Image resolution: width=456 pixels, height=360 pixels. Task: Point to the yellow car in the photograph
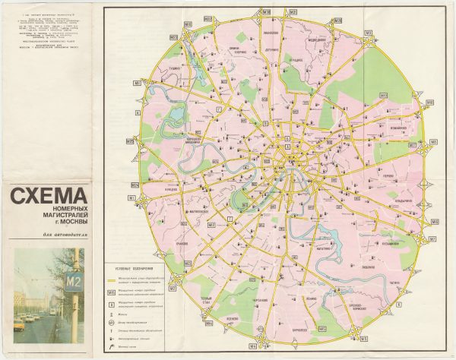click(x=19, y=324)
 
